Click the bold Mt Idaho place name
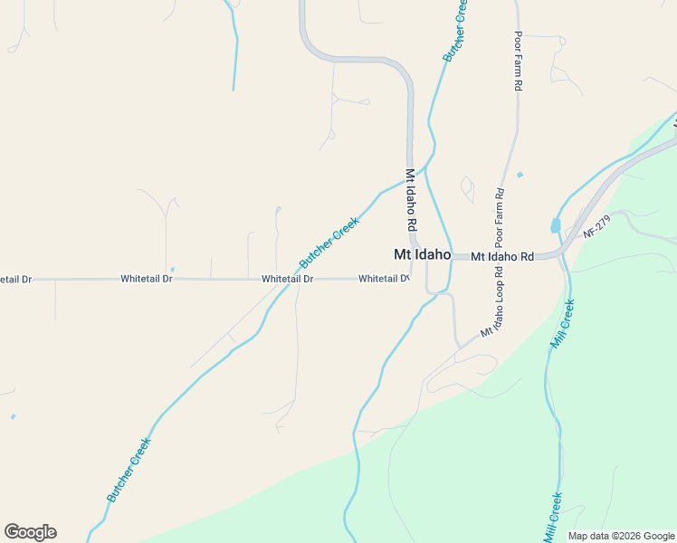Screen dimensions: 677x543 pos(422,255)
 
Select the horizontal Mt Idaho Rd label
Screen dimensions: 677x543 pos(502,257)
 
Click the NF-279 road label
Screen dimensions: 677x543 pos(598,226)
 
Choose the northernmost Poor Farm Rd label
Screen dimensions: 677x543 pos(519,61)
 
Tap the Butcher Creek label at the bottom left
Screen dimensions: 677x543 pos(129,469)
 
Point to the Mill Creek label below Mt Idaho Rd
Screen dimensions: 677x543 pos(563,324)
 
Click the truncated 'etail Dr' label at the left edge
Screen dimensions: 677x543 pos(15,280)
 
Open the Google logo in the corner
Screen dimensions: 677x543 pos(31,532)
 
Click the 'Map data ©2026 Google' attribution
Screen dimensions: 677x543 pos(622,536)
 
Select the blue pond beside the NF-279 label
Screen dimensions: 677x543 pos(556,226)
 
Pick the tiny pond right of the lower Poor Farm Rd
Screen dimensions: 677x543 pos(520,174)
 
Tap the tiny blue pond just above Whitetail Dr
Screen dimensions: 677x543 pos(172,269)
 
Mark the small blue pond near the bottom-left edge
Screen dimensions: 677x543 pos(13,417)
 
